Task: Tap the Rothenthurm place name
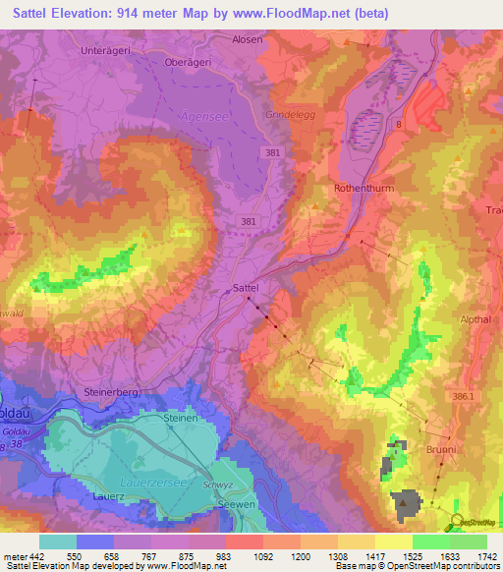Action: click(x=363, y=187)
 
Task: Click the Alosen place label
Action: click(x=247, y=38)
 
